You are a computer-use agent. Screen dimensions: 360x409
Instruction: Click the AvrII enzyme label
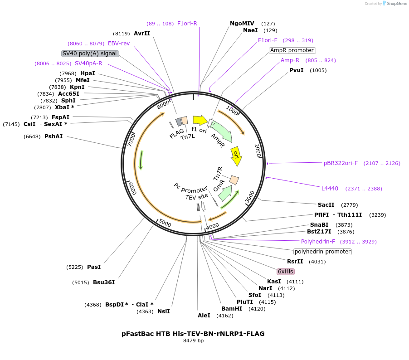point(141,33)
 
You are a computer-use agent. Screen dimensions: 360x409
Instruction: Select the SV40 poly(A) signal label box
point(90,54)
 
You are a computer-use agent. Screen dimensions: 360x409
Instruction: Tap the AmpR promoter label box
point(292,50)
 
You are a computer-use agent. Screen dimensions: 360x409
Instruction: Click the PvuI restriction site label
point(296,70)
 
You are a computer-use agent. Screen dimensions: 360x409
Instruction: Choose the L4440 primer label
point(330,189)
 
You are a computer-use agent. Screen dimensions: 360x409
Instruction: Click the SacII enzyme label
point(326,205)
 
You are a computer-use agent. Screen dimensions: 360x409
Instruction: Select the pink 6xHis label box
point(286,272)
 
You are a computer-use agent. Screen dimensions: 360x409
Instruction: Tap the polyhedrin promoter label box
point(322,252)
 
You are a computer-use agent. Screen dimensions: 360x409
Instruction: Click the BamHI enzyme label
point(232,309)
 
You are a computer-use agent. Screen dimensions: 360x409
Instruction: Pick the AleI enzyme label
point(204,316)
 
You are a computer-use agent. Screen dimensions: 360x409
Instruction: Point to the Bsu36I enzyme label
point(104,282)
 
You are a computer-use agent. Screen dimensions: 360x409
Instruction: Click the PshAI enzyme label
point(54,136)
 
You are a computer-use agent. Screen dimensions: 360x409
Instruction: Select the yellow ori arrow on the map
point(236,156)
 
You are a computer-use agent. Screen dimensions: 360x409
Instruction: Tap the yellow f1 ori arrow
point(200,120)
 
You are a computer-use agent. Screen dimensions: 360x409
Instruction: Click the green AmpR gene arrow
point(222,131)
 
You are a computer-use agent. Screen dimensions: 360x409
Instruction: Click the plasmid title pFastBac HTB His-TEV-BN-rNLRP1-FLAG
point(193,334)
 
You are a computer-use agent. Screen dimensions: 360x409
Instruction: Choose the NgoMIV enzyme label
point(242,24)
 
